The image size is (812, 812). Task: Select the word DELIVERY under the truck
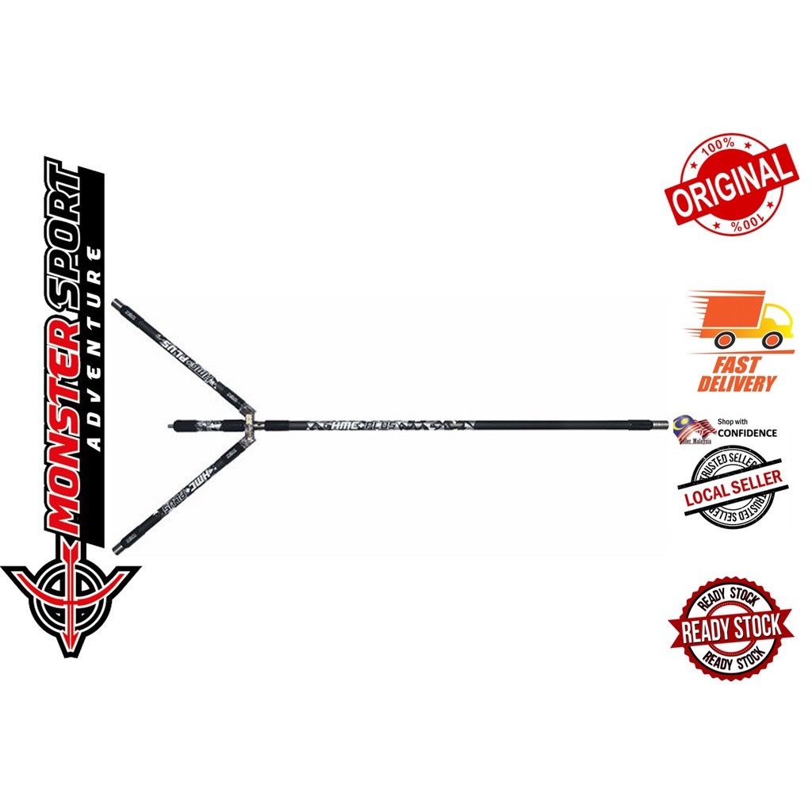coord(737,384)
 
